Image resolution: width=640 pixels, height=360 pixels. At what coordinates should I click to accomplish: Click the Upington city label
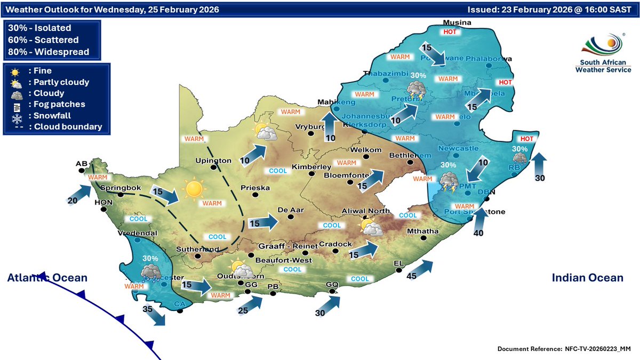coord(213,160)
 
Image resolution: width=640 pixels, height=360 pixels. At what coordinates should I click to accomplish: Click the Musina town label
coord(458,22)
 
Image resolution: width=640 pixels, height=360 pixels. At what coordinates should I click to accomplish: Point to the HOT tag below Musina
coord(451,32)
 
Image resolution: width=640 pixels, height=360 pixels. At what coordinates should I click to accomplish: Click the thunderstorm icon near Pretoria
coord(417,91)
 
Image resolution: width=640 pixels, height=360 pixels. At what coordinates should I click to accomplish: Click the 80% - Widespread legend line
coord(49,52)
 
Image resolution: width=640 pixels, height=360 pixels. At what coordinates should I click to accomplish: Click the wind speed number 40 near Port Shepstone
coord(478,233)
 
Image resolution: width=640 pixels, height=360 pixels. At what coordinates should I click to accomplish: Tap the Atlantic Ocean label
coord(47,278)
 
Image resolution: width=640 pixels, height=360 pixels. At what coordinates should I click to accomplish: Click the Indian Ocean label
coord(587,278)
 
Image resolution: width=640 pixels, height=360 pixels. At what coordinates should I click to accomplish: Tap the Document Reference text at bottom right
coord(564,348)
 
